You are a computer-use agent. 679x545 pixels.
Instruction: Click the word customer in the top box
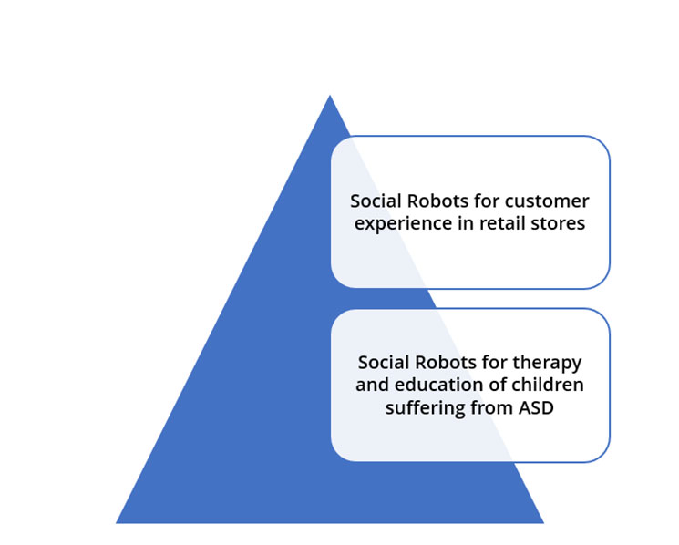[x=547, y=201]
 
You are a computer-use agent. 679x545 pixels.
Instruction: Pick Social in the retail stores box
[x=376, y=201]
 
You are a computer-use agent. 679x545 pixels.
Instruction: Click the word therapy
[x=548, y=364]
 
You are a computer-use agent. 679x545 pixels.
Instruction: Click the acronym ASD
[x=536, y=407]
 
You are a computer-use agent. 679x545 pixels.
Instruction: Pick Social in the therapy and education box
[x=385, y=363]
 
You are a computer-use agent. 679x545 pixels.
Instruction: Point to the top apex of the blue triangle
[x=330, y=95]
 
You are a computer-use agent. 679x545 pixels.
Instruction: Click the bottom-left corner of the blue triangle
[x=116, y=523]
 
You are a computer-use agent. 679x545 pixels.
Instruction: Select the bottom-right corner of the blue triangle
[x=543, y=523]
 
